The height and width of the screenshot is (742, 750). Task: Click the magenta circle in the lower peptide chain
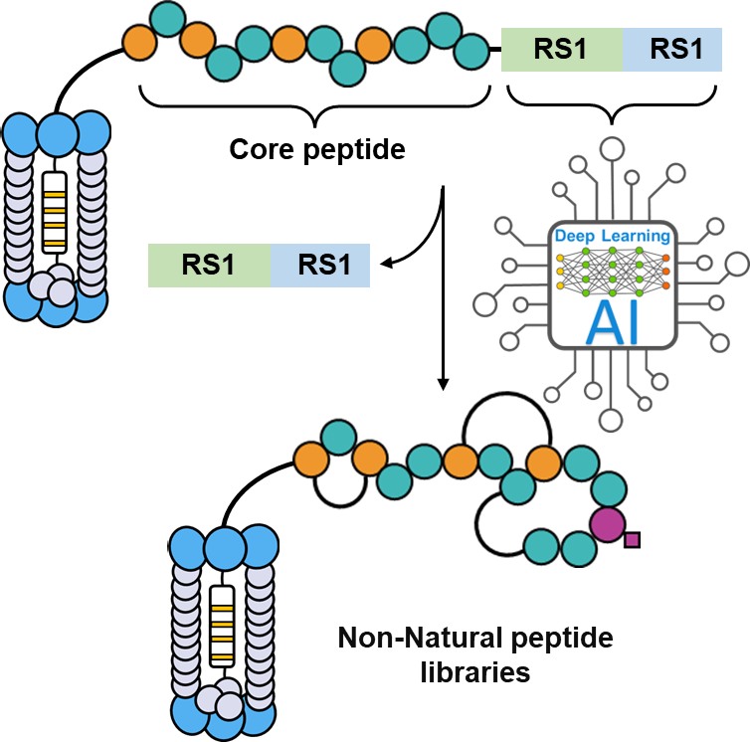[x=607, y=523]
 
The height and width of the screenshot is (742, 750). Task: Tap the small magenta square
[x=632, y=540]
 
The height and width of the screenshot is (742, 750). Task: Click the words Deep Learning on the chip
[x=612, y=236]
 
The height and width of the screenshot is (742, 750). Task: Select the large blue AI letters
[x=612, y=320]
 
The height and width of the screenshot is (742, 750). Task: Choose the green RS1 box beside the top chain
[x=561, y=49]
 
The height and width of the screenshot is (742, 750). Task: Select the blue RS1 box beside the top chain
[x=673, y=49]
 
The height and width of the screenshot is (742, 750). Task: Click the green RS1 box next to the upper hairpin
[x=209, y=266]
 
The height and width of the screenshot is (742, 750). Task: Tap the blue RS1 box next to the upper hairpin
[x=320, y=266]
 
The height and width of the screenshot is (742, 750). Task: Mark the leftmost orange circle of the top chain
[x=140, y=42]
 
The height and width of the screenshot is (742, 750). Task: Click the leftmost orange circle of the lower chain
[x=311, y=459]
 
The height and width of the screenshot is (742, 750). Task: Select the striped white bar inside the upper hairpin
[x=55, y=213]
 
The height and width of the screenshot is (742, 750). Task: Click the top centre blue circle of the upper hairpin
[x=57, y=133]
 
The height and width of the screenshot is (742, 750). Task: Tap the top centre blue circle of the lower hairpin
[x=225, y=548]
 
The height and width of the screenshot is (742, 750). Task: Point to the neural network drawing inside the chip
[x=612, y=270]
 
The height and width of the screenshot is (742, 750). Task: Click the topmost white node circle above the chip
[x=613, y=150]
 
